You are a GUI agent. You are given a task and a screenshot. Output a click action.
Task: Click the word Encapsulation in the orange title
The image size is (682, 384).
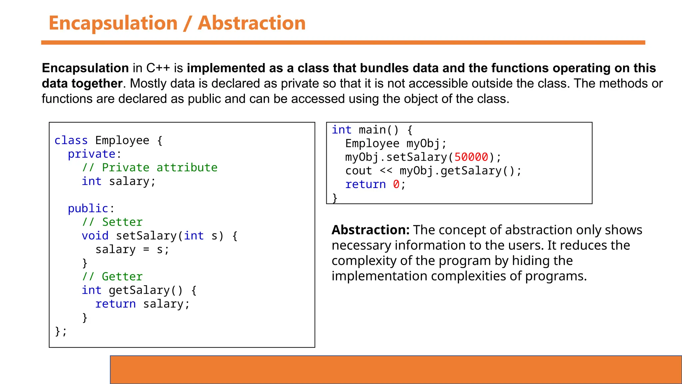(x=113, y=23)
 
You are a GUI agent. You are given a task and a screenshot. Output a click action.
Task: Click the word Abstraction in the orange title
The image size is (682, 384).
(x=251, y=23)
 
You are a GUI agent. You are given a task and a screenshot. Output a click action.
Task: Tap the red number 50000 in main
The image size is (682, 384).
(x=471, y=157)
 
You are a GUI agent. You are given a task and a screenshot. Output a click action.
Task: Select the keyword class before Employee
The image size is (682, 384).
(x=71, y=140)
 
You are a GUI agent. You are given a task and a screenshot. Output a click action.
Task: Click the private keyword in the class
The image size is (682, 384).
(x=92, y=154)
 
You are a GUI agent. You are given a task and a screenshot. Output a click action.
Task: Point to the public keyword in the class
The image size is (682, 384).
(x=88, y=208)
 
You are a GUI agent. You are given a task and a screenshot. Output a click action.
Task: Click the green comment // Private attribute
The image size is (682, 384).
(x=150, y=167)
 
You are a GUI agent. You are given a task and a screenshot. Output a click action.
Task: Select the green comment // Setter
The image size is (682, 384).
(x=112, y=222)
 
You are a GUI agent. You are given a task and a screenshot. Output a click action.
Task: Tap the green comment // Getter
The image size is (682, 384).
(x=112, y=276)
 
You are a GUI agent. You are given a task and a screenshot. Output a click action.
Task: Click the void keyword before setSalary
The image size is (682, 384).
(x=95, y=236)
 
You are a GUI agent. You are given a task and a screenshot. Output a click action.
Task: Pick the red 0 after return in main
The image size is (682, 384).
(x=396, y=184)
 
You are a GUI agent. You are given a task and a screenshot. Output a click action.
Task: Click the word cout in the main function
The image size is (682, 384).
(x=358, y=171)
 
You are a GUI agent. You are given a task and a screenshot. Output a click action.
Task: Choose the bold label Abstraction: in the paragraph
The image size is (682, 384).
(x=370, y=230)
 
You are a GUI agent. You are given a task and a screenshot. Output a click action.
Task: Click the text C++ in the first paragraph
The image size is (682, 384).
(x=158, y=68)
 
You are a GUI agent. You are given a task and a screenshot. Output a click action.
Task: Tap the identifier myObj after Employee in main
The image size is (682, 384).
(x=423, y=143)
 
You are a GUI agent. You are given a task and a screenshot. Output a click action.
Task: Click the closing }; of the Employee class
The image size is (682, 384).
(x=61, y=331)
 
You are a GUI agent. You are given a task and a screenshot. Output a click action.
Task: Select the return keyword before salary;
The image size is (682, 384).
(x=115, y=304)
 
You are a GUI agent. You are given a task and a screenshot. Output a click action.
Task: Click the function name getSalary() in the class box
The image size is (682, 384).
(x=146, y=290)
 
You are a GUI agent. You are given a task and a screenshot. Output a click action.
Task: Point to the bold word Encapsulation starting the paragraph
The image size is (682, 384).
(x=85, y=68)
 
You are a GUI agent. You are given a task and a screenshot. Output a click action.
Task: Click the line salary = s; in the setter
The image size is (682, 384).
(x=132, y=249)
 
